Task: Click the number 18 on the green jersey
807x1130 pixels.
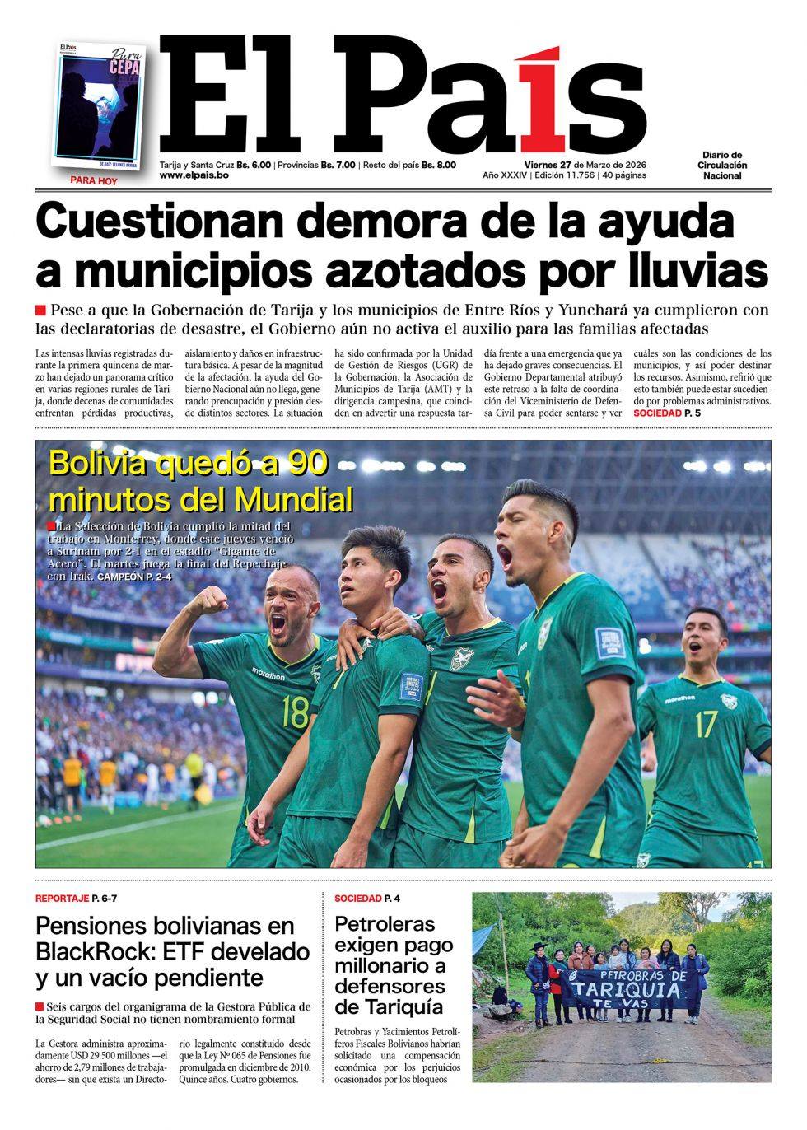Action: tap(294, 711)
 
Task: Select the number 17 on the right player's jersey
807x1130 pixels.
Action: tap(706, 725)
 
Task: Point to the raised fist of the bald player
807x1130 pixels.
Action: tap(213, 600)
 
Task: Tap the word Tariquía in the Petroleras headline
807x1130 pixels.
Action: tap(389, 1006)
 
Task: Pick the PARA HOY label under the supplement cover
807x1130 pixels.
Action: tap(93, 181)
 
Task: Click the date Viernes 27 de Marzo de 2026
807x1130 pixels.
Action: tap(564, 164)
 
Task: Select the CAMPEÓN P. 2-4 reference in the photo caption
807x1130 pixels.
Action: tap(134, 577)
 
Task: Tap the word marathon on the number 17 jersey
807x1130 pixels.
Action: tap(680, 698)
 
